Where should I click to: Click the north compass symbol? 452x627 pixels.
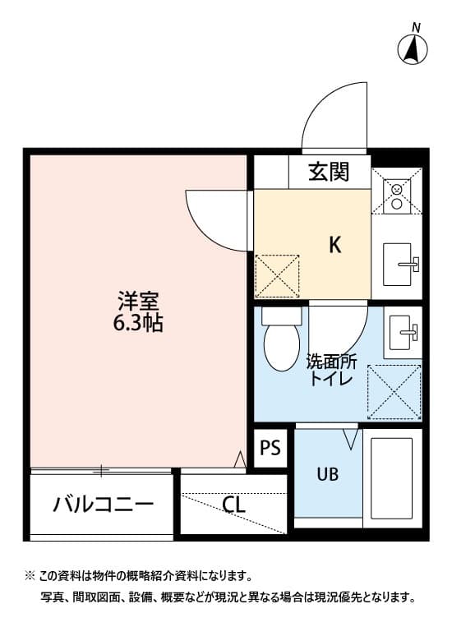point(413,49)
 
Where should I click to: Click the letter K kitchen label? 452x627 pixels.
point(334,244)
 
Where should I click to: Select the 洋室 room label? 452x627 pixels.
point(137,301)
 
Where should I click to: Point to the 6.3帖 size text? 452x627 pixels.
point(137,323)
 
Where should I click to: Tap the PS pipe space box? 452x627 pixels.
point(270,448)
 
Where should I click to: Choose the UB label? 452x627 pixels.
point(328,474)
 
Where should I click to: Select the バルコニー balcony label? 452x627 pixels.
point(104,504)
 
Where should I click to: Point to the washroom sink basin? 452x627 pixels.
point(403,332)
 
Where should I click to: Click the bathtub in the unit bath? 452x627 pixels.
point(391,480)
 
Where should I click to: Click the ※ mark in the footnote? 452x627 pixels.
point(30,576)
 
